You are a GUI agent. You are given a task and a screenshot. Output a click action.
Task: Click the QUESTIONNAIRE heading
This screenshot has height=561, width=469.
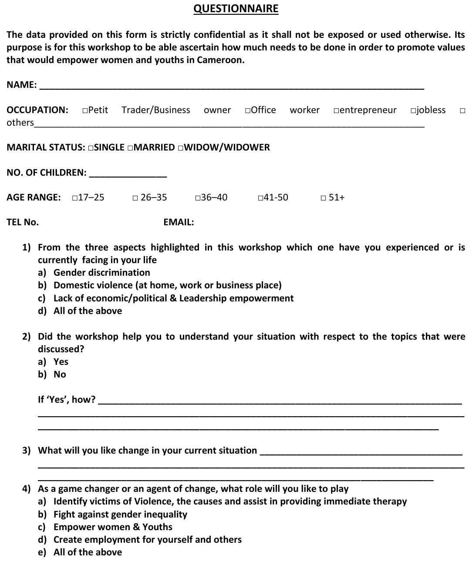[236, 9]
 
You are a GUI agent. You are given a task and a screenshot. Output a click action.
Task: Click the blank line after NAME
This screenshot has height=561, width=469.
[231, 85]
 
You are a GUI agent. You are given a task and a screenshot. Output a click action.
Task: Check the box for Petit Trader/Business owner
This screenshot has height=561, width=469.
[84, 110]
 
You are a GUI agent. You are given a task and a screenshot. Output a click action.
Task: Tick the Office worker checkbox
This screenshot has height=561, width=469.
[247, 110]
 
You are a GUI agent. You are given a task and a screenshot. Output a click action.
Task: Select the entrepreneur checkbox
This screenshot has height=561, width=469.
[336, 110]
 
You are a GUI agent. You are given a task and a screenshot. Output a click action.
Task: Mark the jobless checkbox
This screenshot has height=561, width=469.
[413, 110]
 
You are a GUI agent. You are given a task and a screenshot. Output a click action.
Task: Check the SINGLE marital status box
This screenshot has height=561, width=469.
[90, 148]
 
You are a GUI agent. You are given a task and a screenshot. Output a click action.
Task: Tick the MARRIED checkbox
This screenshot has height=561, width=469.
[130, 148]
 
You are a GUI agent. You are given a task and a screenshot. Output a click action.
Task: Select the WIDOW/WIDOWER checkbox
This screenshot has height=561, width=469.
[180, 148]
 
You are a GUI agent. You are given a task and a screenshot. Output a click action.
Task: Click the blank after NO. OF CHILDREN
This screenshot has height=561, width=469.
[128, 173]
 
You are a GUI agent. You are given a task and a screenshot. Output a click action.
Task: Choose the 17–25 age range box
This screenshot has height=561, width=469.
[75, 198]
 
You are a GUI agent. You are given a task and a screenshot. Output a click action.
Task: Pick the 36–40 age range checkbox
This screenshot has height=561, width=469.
[198, 198]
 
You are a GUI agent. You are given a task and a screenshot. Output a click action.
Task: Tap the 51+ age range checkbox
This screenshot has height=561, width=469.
[323, 198]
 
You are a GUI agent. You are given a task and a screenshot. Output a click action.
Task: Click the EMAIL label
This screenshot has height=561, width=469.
[179, 222]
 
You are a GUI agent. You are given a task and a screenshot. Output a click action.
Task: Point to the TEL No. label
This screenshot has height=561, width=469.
[23, 222]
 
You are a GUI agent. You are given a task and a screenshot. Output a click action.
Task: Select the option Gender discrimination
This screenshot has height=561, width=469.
[101, 273]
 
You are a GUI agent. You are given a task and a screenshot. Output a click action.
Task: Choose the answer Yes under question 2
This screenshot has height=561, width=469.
[61, 362]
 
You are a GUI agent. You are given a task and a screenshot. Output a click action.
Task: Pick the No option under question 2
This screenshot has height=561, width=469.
[60, 374]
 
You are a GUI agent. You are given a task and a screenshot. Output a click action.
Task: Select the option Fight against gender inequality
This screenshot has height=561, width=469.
[120, 514]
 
